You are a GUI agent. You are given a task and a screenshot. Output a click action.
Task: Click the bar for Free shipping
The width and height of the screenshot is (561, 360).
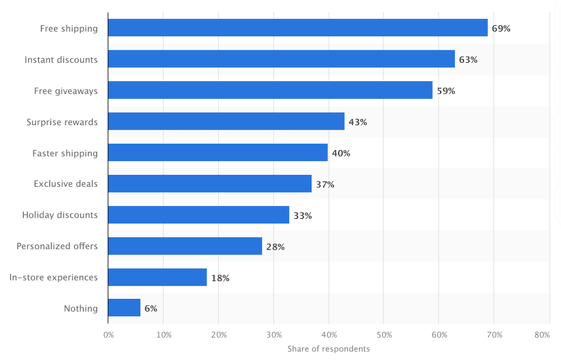pos(297,28)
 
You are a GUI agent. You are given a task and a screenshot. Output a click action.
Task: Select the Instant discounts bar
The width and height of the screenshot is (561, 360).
pos(281,59)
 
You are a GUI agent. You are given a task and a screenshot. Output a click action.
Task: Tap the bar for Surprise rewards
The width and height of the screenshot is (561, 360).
pos(226,122)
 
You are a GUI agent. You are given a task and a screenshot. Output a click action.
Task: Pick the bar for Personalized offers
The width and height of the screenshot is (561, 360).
pos(185,246)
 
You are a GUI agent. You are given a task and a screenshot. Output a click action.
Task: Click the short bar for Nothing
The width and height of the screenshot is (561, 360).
pos(124,308)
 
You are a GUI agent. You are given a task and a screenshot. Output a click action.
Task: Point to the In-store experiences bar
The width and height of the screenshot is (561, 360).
pos(157,277)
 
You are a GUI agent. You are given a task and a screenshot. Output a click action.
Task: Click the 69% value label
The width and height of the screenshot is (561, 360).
pos(501,28)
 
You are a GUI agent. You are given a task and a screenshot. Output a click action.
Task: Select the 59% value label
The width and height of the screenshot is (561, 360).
pos(446,90)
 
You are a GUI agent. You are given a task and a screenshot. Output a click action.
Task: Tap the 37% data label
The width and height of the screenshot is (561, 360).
pos(325,184)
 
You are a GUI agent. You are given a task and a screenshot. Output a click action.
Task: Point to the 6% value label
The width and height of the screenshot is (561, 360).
pos(151,308)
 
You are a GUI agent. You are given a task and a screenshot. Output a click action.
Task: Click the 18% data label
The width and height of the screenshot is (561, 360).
pos(220,278)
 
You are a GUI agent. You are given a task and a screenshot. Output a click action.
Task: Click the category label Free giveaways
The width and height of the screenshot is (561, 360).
pos(66,91)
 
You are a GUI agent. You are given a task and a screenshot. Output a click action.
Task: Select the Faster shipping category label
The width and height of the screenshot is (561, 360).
pos(65,153)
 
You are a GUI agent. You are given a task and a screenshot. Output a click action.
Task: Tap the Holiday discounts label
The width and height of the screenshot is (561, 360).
pos(59,215)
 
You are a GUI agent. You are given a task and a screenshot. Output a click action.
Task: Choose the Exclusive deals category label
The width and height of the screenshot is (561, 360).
pos(65,184)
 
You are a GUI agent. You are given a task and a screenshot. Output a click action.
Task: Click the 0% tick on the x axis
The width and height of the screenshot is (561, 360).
pos(109,335)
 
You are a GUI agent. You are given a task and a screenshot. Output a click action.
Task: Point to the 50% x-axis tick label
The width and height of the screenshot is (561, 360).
pos(384,335)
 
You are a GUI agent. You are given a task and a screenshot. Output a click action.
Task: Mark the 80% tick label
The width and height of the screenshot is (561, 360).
pos(542,335)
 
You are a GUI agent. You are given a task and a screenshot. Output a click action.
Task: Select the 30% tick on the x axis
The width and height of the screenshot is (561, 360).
pos(274,335)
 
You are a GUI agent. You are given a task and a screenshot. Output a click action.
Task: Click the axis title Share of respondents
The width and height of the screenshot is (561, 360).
pos(329,349)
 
